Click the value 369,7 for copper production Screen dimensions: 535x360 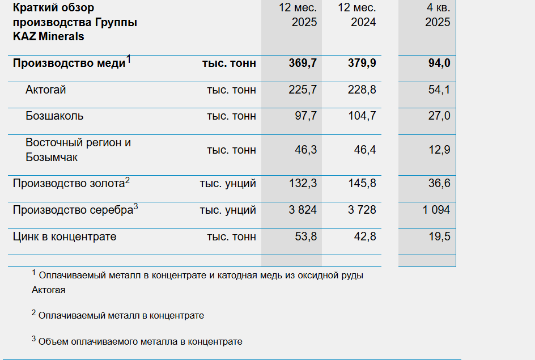pos(303,63)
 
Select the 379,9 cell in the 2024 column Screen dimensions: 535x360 pos(362,63)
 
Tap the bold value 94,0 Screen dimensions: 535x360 pos(439,63)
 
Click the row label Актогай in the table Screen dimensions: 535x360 pos(46,90)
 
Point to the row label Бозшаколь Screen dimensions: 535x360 pos(54,116)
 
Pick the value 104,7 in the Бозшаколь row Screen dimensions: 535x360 pos(362,116)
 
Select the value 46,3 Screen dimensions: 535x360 pos(305,150)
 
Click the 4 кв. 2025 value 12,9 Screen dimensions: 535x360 pos(439,150)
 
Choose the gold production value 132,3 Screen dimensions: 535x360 pos(303,183)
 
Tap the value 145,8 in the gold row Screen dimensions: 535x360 pos(362,183)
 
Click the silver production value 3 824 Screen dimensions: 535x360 pos(303,210)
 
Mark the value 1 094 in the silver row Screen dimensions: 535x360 pos(436,210)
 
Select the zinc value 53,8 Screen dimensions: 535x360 pos(305,236)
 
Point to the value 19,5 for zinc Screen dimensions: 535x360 pos(439,236)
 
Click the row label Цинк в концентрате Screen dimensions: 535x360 pos(65,236)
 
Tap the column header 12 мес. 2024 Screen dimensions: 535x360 pos(357,15)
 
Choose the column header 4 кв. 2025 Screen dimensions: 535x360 pos(438,15)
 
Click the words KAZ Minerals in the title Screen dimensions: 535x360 pos(48,36)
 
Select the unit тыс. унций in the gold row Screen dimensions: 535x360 pos(228,184)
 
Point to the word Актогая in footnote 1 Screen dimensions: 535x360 pos(48,290)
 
